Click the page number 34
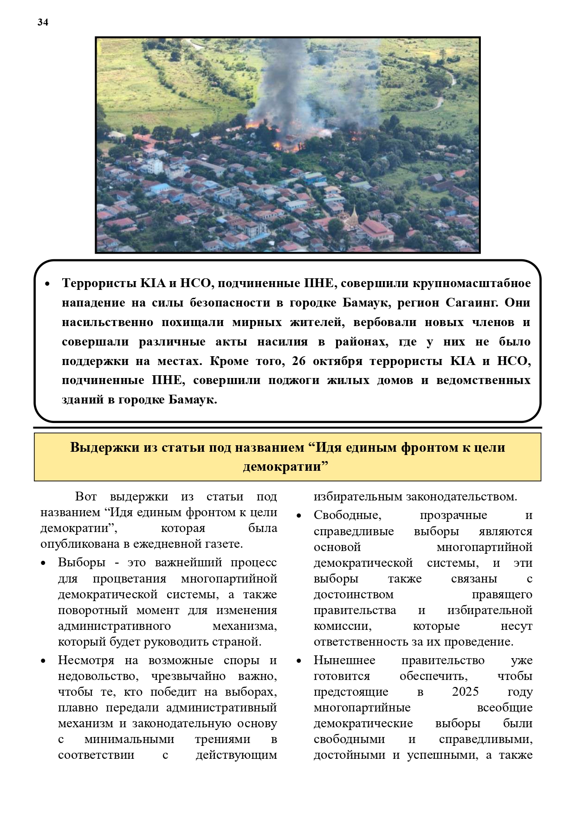(x=43, y=22)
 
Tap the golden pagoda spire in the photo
(x=355, y=214)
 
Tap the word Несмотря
(x=87, y=660)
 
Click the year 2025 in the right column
(x=465, y=692)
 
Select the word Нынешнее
(x=344, y=660)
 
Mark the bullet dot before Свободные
(x=299, y=516)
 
